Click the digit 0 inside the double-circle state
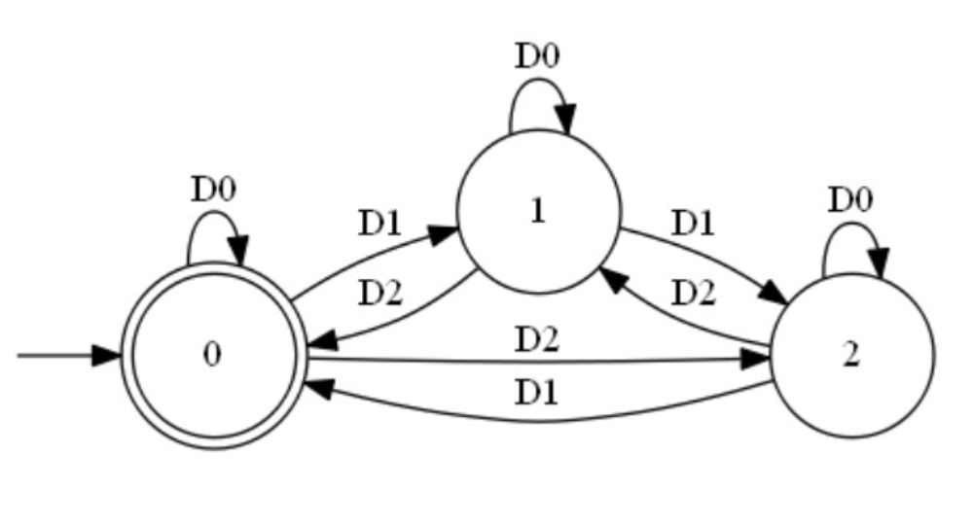click(x=212, y=355)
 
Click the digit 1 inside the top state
click(x=537, y=212)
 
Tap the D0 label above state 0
click(x=213, y=189)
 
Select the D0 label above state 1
click(x=537, y=55)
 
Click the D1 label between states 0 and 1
click(x=379, y=223)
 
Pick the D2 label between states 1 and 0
click(x=379, y=292)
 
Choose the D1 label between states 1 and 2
click(x=692, y=223)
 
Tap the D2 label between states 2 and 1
click(x=692, y=292)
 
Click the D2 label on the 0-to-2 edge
click(x=537, y=341)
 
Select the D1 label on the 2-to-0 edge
click(x=537, y=393)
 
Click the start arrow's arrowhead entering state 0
click(x=106, y=355)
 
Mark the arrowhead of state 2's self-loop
click(x=879, y=262)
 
